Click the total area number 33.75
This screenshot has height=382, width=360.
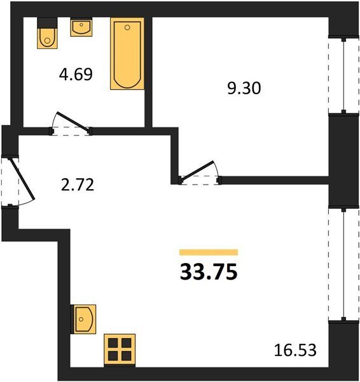pos(209,272)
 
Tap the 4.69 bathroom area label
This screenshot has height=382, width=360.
pos(76,74)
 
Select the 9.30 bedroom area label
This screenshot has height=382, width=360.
pos(244,88)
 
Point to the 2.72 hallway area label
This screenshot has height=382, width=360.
pos(78,185)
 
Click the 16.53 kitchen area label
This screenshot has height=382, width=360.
pos(295,350)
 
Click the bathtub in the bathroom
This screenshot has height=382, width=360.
pos(127,53)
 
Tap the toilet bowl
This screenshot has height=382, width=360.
pos(47,38)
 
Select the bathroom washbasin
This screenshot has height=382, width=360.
pos(81,27)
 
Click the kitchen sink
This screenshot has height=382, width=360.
pos(83,319)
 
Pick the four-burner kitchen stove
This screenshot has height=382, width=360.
pos(120,350)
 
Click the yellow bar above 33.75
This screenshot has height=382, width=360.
pos(209,252)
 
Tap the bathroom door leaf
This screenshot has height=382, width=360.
pos(73,121)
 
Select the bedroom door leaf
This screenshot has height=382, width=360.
pos(197,171)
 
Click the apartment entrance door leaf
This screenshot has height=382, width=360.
pos(22,179)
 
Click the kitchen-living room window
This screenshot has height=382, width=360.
pos(343,264)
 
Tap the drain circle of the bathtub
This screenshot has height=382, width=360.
pos(127,27)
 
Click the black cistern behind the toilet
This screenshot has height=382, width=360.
pos(48,23)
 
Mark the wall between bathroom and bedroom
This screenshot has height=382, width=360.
pos(148,72)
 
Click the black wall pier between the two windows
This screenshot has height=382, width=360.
pos(343,161)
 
